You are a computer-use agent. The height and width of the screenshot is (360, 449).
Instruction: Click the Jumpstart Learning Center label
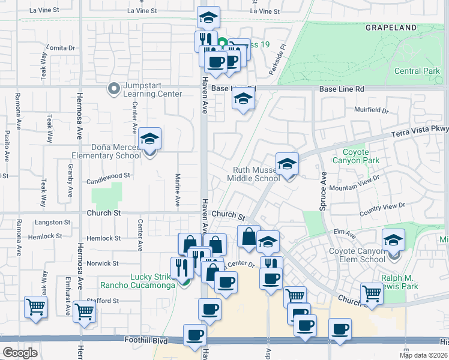[x=152, y=89]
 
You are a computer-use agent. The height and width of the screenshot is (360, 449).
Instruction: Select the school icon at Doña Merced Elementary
[x=149, y=140]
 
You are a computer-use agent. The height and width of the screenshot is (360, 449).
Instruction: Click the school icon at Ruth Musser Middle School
[x=288, y=164]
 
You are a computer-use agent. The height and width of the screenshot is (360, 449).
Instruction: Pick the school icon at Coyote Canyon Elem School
[x=393, y=241]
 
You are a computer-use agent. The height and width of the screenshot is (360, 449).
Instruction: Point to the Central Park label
[x=417, y=71]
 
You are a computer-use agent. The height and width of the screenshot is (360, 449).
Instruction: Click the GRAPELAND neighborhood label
[x=391, y=28]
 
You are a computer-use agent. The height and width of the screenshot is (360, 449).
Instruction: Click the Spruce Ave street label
[x=324, y=191]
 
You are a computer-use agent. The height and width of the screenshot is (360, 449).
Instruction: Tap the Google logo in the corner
[x=20, y=353]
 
